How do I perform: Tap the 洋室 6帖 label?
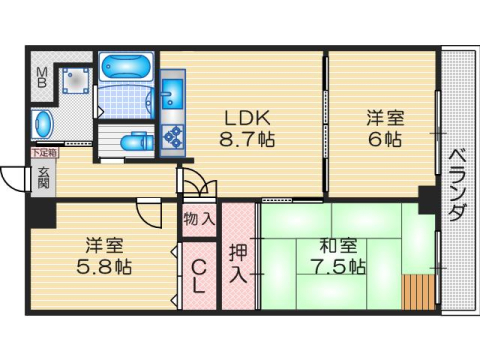[x=381, y=128]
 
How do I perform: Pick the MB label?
[x=43, y=79]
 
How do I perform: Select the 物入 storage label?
[x=199, y=217]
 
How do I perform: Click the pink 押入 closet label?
[x=238, y=262]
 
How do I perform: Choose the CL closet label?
[x=199, y=270]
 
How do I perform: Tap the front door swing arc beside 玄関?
[x=14, y=180]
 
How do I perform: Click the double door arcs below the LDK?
[x=197, y=185]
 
